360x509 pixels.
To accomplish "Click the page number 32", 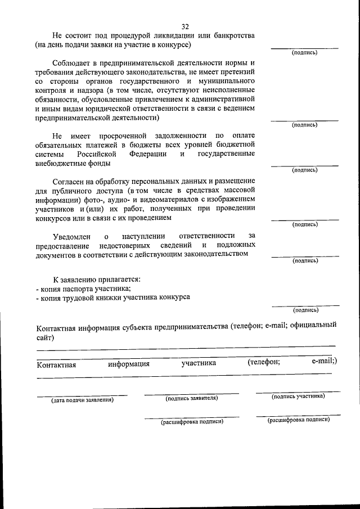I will pyautogui.click(x=186, y=26).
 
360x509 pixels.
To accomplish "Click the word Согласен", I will pyautogui.click(x=70, y=181).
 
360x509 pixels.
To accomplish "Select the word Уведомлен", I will pyautogui.click(x=72, y=236).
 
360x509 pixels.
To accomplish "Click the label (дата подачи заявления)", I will pyautogui.click(x=82, y=400).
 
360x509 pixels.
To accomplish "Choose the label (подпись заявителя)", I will pyautogui.click(x=191, y=398).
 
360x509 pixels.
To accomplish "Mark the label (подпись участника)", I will pyautogui.click(x=298, y=396).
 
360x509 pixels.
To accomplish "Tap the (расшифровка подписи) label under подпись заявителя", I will pyautogui.click(x=192, y=421).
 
